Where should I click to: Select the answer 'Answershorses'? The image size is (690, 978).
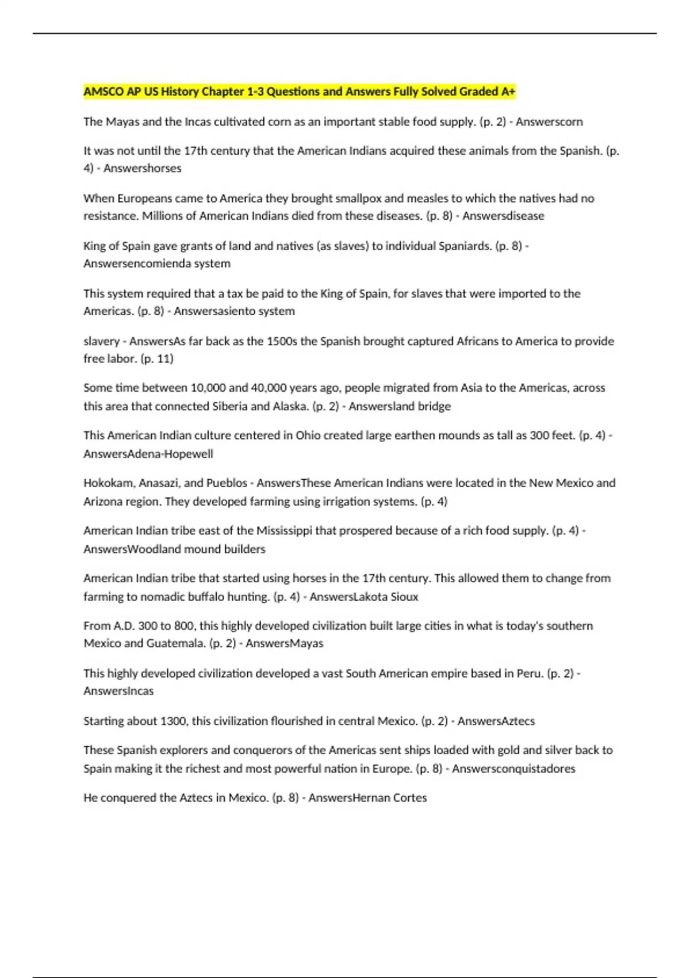coord(142,168)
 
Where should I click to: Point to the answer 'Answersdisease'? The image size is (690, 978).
coord(503,216)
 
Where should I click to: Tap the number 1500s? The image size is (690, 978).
coord(280,341)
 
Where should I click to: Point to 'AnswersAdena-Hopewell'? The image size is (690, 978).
coord(148,454)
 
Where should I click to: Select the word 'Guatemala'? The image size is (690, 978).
coord(176,643)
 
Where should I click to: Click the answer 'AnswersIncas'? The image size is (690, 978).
coord(118,691)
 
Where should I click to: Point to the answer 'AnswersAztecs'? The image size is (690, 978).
coord(496,721)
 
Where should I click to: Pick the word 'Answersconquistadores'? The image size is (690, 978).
coord(513,769)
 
